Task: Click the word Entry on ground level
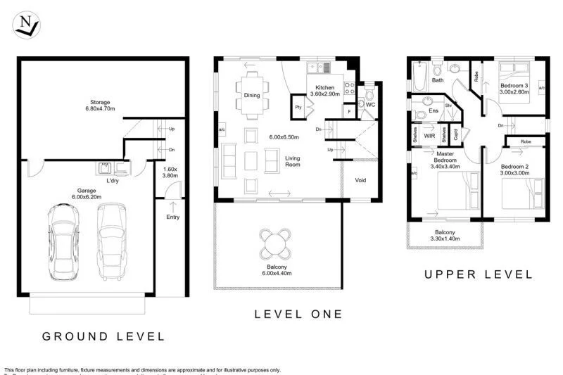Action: (172, 217)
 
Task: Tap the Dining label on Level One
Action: (252, 95)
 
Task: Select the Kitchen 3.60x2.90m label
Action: (325, 90)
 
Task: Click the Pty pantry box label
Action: (298, 108)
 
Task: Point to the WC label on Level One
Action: (370, 105)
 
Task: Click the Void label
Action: (360, 180)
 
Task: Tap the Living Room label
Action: (293, 162)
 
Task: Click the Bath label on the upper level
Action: (438, 80)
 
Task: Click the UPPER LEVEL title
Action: (478, 274)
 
